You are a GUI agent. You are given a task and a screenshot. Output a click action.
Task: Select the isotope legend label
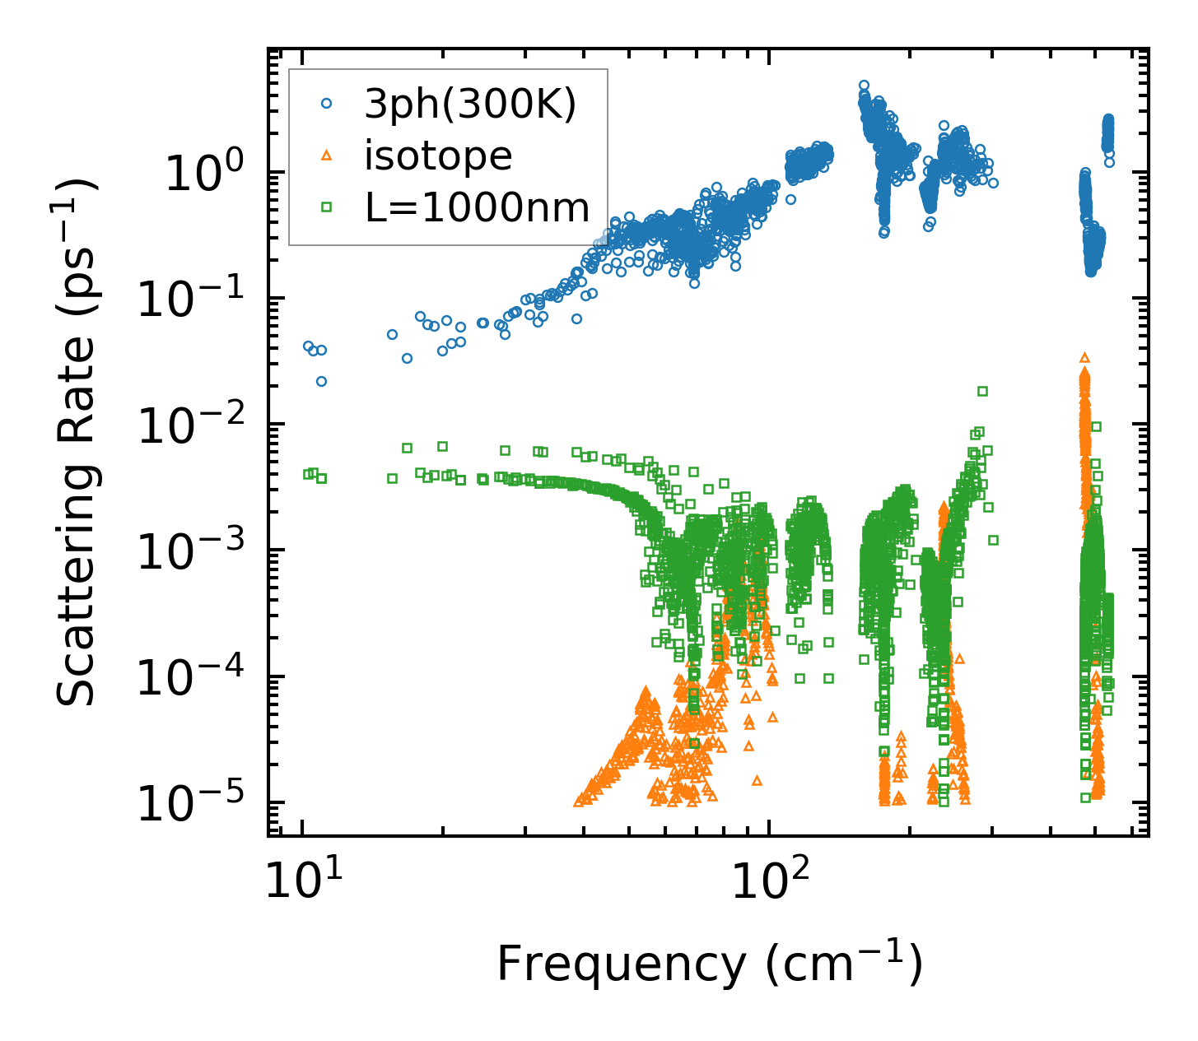coord(438,156)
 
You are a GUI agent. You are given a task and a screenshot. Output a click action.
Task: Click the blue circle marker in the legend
coord(327,104)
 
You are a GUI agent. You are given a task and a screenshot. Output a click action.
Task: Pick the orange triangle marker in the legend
coord(327,155)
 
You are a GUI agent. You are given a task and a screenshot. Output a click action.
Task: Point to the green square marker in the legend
coord(327,207)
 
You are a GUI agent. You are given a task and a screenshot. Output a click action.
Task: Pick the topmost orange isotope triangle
coord(1084,357)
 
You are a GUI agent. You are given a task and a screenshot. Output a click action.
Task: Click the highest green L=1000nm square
coord(981,391)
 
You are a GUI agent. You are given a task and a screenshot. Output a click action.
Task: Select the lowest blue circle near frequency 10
coord(321,381)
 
